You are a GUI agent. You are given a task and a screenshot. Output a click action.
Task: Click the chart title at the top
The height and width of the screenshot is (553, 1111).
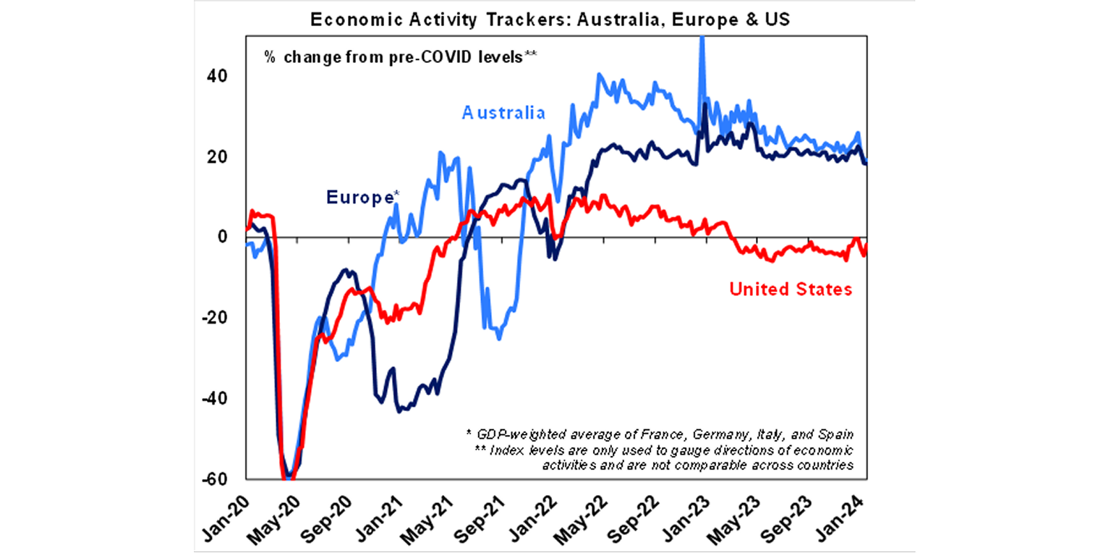pyautogui.click(x=550, y=20)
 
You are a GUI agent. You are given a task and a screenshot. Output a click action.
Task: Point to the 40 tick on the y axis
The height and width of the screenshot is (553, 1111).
pyautogui.click(x=218, y=76)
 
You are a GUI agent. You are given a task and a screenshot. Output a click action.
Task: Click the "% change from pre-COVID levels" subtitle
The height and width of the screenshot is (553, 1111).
pyautogui.click(x=400, y=58)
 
